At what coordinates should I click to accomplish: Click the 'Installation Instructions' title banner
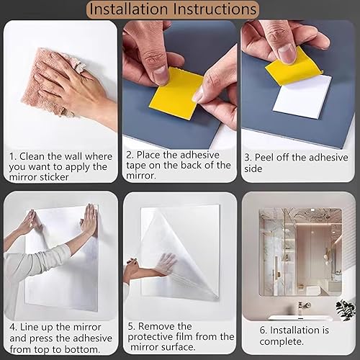173,9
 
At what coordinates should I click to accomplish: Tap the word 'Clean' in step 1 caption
32,156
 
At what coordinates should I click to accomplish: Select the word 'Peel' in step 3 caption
264,158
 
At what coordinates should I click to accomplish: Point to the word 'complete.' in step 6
282,341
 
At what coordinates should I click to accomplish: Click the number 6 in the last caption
262,330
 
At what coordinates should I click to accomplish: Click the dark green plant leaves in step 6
345,310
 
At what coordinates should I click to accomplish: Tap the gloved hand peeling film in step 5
166,264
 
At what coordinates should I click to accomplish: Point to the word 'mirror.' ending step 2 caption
141,176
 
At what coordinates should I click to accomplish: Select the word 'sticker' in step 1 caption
54,177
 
